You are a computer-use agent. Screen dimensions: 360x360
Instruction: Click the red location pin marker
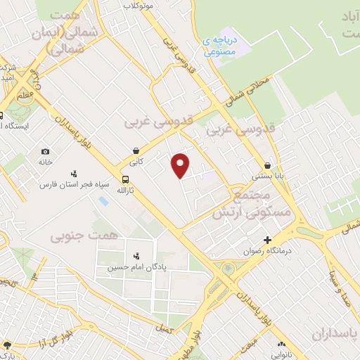tap(181, 165)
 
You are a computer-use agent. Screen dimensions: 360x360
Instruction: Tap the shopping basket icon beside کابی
tap(136, 150)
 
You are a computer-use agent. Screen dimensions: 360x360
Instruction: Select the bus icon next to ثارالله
tap(125, 179)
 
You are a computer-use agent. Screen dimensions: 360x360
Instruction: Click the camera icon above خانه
tap(46, 152)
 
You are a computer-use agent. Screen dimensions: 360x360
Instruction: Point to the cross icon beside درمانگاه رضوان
tap(267, 240)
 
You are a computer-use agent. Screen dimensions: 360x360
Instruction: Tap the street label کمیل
tap(165, 329)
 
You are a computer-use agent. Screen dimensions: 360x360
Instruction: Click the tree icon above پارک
tap(7, 346)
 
